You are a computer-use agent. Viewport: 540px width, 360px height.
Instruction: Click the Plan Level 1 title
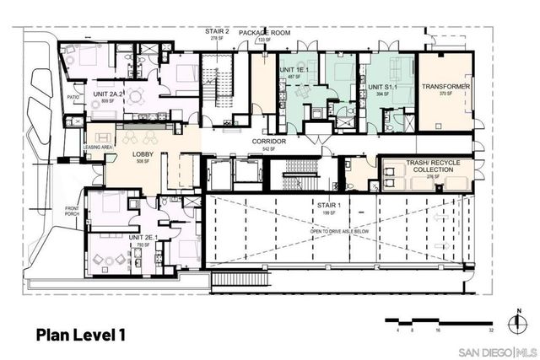click(82, 334)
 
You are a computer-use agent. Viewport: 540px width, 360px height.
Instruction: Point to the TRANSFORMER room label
click(447, 86)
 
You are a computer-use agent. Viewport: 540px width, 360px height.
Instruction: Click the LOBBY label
click(142, 153)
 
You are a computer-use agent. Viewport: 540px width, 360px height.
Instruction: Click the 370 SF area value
click(447, 94)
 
